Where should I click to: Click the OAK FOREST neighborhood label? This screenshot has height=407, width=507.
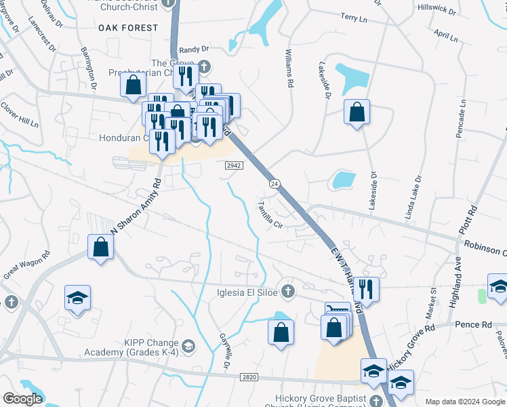[128, 28]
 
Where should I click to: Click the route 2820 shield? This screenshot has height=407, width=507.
[249, 376]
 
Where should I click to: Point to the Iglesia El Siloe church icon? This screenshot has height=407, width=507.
[288, 292]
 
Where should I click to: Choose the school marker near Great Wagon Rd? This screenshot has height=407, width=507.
[77, 298]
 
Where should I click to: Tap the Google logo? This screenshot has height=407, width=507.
[22, 399]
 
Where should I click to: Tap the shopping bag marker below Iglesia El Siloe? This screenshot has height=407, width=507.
[281, 332]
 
